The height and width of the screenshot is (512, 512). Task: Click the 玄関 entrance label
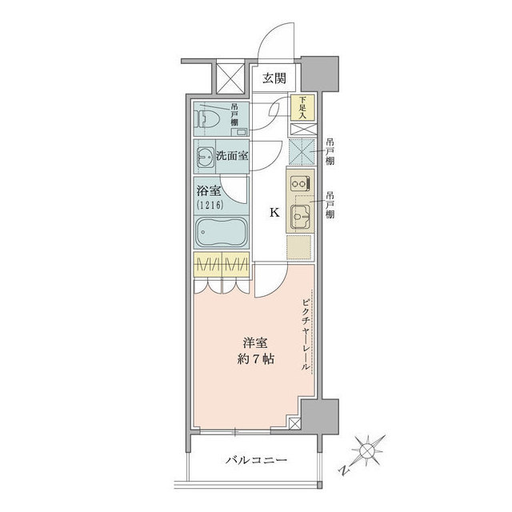point(274,78)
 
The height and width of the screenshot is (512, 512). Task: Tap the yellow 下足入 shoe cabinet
point(302,107)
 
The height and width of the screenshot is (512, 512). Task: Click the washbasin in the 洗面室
point(206,157)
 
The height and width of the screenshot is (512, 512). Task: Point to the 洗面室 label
point(232,156)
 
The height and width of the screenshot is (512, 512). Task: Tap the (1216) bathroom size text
point(210,205)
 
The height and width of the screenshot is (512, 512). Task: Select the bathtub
point(221,233)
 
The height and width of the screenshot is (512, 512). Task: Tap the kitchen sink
point(301,216)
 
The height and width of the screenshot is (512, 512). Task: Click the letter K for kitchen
point(274,213)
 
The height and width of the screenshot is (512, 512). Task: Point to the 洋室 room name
point(255,343)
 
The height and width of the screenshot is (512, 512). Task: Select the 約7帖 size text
point(255,359)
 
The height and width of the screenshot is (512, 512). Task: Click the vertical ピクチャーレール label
point(305,334)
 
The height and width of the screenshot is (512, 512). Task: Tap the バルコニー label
point(256,461)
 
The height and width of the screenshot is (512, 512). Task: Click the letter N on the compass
point(343,470)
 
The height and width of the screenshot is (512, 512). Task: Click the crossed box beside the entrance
point(230,78)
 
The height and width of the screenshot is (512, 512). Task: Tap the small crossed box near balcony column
point(294,423)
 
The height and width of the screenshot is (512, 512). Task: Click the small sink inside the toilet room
point(240,132)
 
